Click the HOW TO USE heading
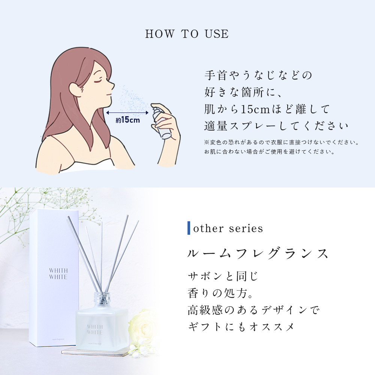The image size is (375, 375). (x=187, y=34)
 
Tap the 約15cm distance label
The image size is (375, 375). (x=128, y=120)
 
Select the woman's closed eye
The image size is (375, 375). (x=97, y=80)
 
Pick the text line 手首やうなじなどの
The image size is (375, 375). (x=258, y=75)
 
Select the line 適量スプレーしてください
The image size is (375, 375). (x=276, y=126)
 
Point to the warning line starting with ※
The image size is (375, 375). (x=282, y=142)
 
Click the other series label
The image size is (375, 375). (x=228, y=228)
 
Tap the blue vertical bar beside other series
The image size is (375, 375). (x=189, y=228)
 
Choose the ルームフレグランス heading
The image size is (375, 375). (x=258, y=253)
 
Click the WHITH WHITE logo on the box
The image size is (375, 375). (x=58, y=274)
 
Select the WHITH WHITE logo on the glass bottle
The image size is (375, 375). (x=95, y=329)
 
